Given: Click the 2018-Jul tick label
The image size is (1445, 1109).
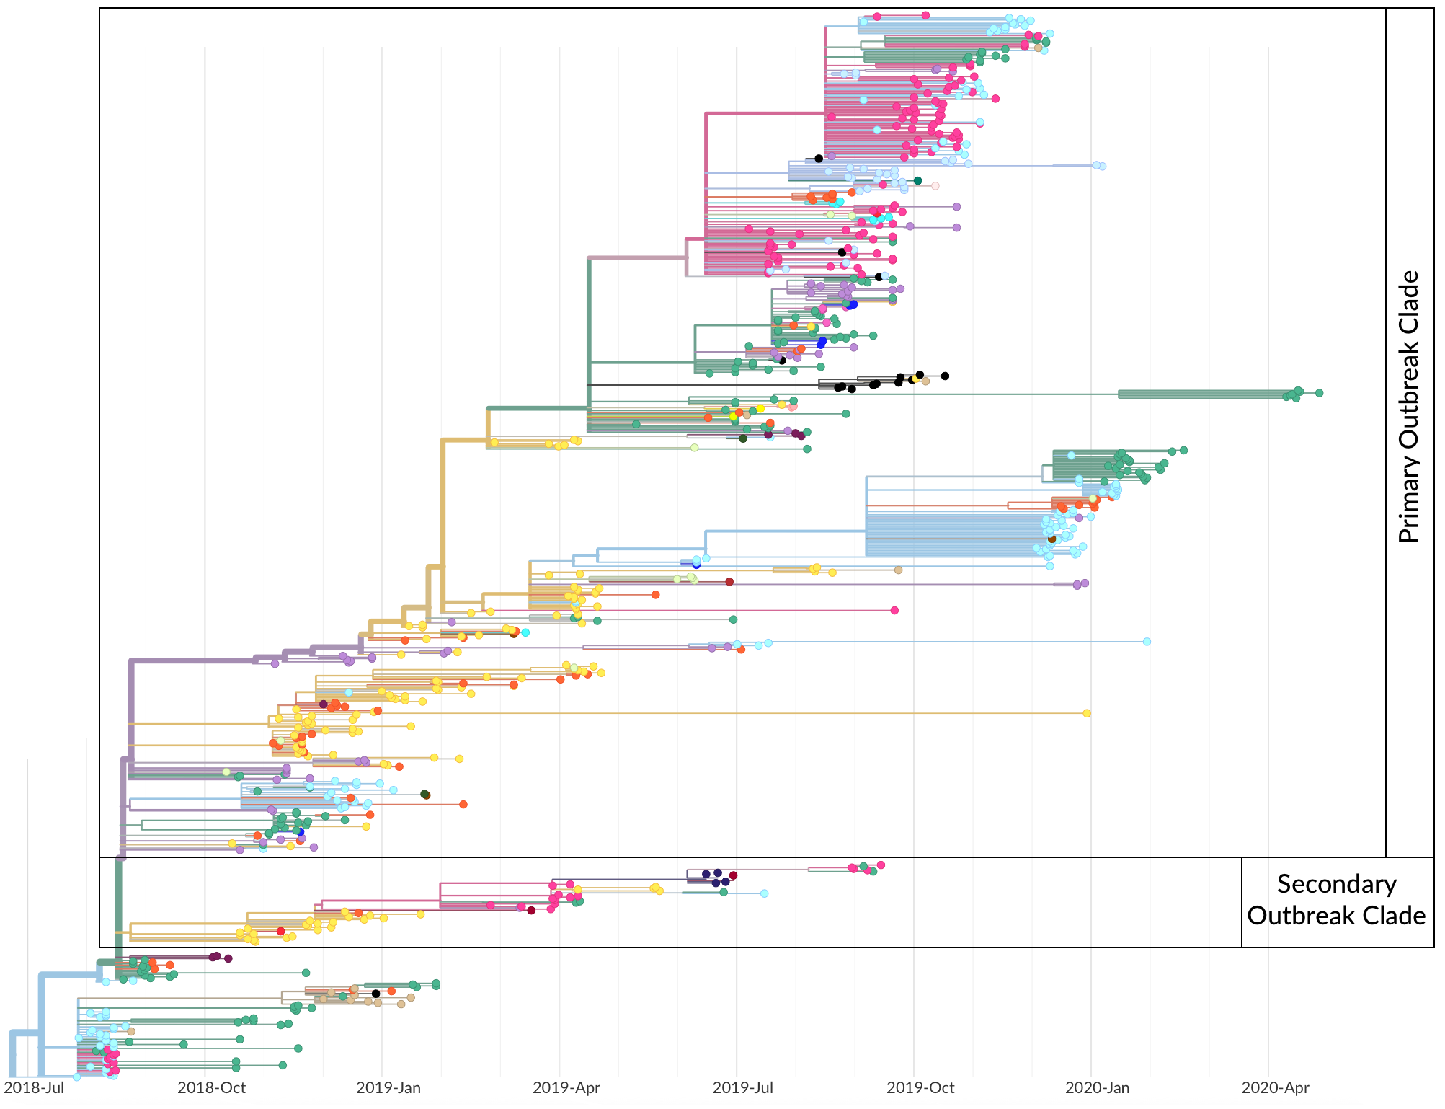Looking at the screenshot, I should (34, 1087).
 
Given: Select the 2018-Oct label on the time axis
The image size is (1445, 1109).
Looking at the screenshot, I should (211, 1087).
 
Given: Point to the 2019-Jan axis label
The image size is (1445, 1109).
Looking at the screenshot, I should (388, 1087).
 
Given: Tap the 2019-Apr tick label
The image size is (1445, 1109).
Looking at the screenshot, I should (566, 1087).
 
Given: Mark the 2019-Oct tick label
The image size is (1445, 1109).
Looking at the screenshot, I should (920, 1087).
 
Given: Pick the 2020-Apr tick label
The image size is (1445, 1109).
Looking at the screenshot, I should (1275, 1087).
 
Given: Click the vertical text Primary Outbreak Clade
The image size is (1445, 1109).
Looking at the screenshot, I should (1409, 407).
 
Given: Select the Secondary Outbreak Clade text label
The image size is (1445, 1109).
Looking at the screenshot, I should (1336, 900).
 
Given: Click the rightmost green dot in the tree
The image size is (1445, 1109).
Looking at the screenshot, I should (1319, 393).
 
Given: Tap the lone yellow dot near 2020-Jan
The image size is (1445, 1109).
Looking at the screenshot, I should (1087, 713).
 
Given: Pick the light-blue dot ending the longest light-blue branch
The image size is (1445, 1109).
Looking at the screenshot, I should (1147, 642).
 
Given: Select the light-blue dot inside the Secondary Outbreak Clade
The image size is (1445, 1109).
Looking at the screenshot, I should (764, 893).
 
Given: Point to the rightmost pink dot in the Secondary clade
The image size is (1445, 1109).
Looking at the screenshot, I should (881, 865).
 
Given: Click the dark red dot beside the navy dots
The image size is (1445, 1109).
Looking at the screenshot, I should (734, 875).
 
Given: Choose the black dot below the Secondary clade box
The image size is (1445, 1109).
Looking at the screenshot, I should (375, 994).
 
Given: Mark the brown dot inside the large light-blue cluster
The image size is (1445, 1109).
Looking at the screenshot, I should (1051, 539).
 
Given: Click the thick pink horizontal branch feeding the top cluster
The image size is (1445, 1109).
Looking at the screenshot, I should (765, 113).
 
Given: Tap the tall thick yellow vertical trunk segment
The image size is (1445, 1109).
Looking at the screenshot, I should (443, 519).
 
